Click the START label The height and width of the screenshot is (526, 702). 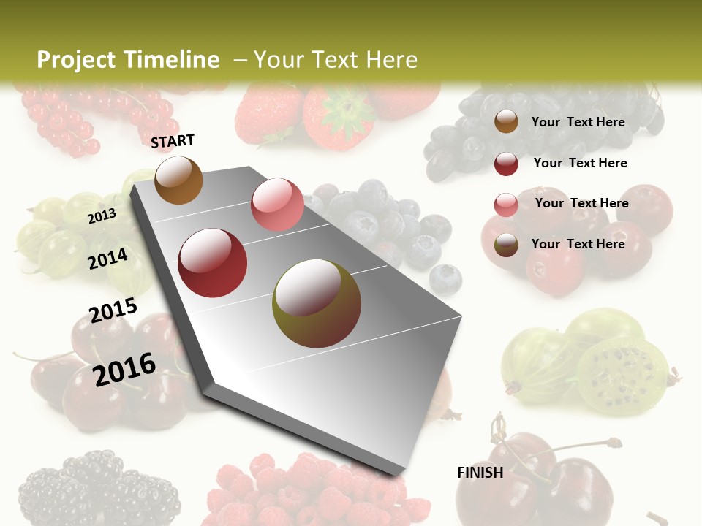(173, 141)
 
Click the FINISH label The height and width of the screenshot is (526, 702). (480, 473)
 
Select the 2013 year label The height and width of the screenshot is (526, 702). (102, 216)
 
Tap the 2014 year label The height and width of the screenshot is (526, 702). (107, 259)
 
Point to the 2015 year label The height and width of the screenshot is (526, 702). (113, 310)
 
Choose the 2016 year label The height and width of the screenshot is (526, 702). (124, 369)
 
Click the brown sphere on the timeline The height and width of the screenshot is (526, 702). (178, 180)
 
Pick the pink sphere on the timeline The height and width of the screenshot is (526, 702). (277, 205)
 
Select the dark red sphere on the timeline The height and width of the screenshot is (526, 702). (213, 263)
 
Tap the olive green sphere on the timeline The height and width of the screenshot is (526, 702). (317, 303)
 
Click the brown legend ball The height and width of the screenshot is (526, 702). (506, 121)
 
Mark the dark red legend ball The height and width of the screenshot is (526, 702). (506, 164)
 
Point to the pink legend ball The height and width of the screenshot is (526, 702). (506, 205)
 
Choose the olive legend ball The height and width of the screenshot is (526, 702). (506, 245)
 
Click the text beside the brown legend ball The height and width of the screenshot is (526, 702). (578, 122)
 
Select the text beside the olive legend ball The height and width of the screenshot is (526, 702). (578, 244)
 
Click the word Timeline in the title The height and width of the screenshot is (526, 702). (171, 60)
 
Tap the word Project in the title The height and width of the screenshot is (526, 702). (76, 60)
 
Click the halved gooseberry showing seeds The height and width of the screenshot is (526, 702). (622, 373)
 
